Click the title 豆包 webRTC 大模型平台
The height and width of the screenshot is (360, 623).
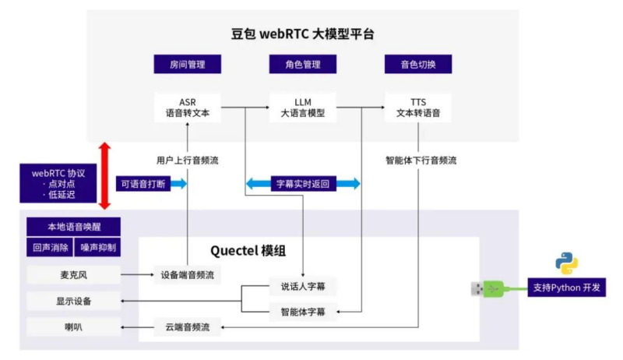tap(304, 34)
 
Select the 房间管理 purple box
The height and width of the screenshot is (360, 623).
tap(188, 65)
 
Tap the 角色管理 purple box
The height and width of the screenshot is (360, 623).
tap(302, 65)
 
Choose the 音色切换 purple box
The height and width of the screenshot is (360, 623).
tap(417, 65)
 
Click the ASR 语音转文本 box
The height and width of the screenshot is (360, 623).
tap(188, 107)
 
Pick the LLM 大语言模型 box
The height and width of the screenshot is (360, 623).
tap(302, 107)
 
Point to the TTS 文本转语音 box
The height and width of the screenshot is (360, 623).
tap(417, 107)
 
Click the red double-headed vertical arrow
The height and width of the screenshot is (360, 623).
tap(105, 176)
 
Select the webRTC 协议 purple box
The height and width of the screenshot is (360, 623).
tap(58, 183)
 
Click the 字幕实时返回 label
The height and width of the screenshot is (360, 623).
tap(303, 184)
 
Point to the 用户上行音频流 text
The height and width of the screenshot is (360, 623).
tap(187, 161)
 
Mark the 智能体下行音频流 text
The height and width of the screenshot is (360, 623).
tap(421, 161)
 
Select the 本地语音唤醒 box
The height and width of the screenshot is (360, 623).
tap(73, 227)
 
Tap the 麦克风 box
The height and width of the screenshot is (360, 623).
tap(73, 274)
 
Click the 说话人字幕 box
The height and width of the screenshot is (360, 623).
tap(302, 286)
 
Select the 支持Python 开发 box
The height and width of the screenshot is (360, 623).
tap(566, 288)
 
